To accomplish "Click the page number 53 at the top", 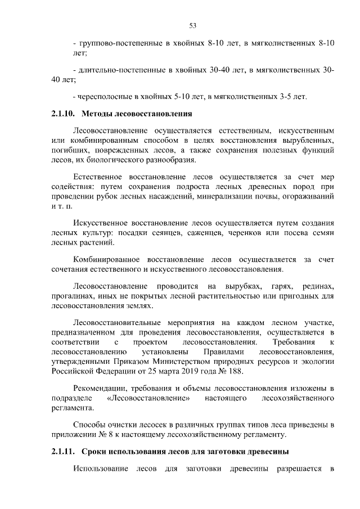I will (192, 25).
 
